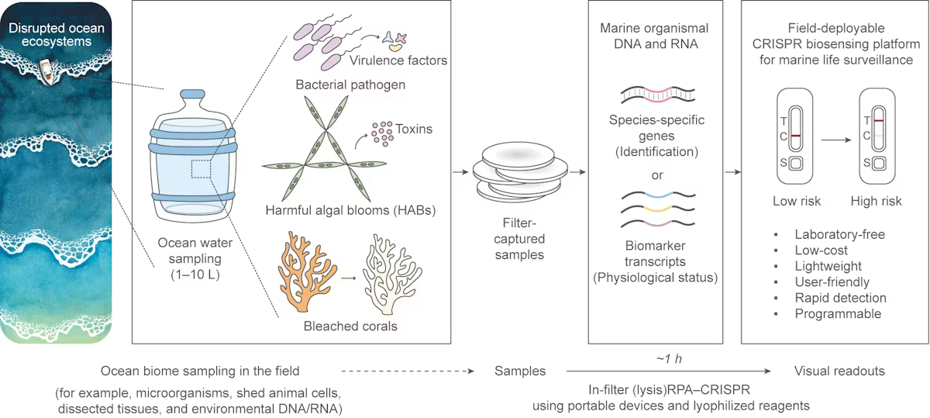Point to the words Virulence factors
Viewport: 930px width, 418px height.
408,60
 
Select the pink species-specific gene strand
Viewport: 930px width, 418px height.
658,96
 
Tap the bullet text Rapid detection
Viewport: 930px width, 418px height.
840,298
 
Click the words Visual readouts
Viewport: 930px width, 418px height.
839,372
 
